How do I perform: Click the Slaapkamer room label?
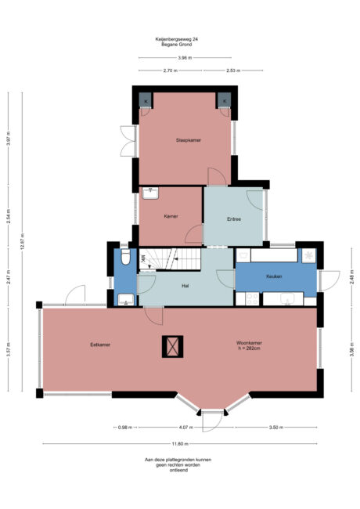pyautogui.click(x=189, y=140)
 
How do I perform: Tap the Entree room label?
pyautogui.click(x=234, y=219)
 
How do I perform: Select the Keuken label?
pyautogui.click(x=274, y=276)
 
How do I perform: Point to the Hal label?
pyautogui.click(x=185, y=286)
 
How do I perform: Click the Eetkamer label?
pyautogui.click(x=100, y=345)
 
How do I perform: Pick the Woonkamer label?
pyautogui.click(x=249, y=343)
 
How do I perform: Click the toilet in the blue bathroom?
pyautogui.click(x=125, y=256)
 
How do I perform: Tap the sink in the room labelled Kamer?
pyautogui.click(x=150, y=193)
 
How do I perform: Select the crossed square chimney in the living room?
pyautogui.click(x=172, y=347)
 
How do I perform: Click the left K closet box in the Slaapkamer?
pyautogui.click(x=146, y=100)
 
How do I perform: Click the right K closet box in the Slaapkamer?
pyautogui.click(x=224, y=100)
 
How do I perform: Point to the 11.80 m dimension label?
pyautogui.click(x=181, y=444)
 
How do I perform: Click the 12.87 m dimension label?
pyautogui.click(x=23, y=241)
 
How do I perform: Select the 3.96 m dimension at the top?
pyautogui.click(x=185, y=58)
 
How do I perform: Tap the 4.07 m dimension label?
pyautogui.click(x=186, y=428)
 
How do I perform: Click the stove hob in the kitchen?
pyautogui.click(x=252, y=299)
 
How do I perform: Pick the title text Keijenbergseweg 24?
pyautogui.click(x=177, y=39)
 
